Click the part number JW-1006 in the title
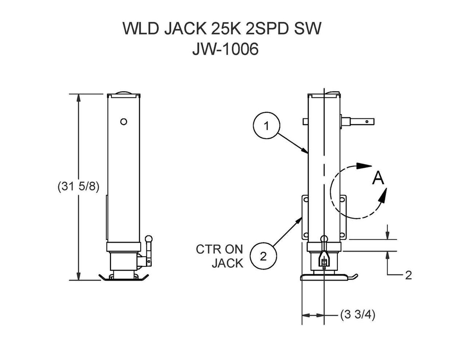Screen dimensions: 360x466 click(225, 50)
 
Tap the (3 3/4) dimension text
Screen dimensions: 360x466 click(357, 315)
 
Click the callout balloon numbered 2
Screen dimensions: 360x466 click(264, 256)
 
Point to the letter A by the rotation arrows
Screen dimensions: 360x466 click(378, 179)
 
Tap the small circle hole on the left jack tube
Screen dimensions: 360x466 click(123, 122)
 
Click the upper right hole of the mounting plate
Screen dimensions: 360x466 click(342, 200)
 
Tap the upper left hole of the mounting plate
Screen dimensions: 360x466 click(306, 200)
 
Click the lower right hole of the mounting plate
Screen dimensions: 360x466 click(342, 234)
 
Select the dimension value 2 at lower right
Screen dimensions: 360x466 click(408, 275)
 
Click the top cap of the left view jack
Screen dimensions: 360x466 click(123, 94)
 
